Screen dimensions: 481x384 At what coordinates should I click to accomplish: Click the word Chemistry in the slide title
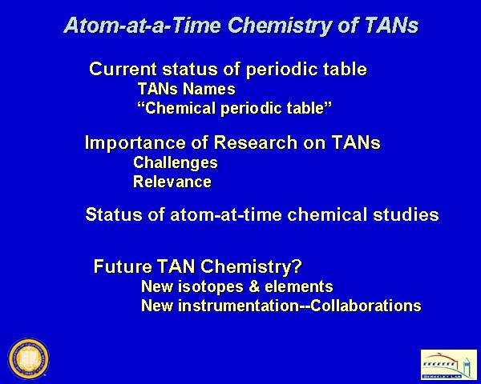coord(280,26)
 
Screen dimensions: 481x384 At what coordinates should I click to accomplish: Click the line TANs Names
coord(187,89)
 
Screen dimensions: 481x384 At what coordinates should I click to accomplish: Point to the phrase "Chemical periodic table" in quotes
coord(235,108)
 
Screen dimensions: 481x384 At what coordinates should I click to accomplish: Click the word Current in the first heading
coord(123,69)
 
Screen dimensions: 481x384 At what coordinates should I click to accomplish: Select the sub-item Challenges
coord(176,162)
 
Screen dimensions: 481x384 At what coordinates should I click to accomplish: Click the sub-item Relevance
coord(172,182)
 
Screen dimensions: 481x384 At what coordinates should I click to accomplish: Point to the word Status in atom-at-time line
coord(114,214)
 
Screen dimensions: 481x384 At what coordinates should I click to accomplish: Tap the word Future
coord(123,266)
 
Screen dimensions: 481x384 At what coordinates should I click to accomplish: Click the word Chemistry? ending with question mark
coord(251,266)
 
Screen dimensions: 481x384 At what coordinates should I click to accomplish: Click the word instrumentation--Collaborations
coord(300,306)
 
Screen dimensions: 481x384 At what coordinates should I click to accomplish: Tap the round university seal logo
coord(29,358)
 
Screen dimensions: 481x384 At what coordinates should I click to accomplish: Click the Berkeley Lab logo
coord(448,365)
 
